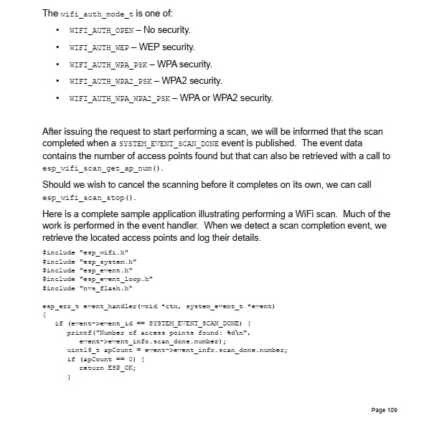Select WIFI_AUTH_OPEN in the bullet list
(101, 31)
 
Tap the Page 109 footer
(383, 410)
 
